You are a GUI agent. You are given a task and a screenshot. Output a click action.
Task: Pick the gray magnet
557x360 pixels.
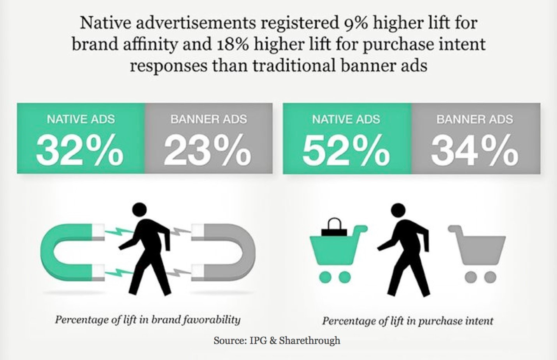[x=230, y=253]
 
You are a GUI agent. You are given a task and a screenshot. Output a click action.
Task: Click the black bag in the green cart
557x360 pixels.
[x=334, y=228]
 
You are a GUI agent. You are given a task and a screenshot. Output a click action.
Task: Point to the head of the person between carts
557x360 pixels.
[x=398, y=211]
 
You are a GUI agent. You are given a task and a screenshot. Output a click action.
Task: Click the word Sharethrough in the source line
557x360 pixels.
[x=309, y=341]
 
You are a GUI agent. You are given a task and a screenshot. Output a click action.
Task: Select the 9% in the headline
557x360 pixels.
[x=355, y=23]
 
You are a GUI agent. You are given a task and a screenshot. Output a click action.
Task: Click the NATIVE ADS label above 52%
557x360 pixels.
[x=346, y=119]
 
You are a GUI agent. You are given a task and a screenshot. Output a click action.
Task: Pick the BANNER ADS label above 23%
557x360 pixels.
[x=208, y=119]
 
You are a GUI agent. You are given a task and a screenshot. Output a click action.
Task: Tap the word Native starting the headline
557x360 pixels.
[x=102, y=23]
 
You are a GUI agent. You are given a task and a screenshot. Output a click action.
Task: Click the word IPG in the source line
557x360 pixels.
[x=257, y=341]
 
